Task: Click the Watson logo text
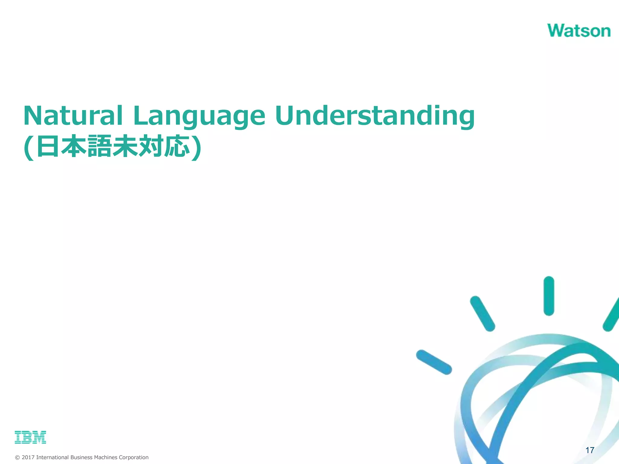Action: tap(578, 31)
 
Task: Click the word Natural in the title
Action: tap(73, 116)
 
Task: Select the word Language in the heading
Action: tap(199, 116)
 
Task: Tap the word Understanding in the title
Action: tap(375, 116)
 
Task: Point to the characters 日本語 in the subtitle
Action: tap(74, 147)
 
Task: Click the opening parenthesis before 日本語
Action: tap(29, 148)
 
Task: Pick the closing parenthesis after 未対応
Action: tap(197, 148)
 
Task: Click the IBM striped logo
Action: tap(30, 437)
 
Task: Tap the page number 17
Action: tap(590, 450)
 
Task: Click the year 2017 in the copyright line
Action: tap(28, 457)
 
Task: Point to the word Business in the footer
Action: tap(81, 457)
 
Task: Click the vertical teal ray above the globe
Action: tap(549, 296)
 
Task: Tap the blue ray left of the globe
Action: tap(434, 362)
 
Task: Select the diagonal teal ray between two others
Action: tap(482, 314)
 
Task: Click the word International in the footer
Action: tap(52, 457)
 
